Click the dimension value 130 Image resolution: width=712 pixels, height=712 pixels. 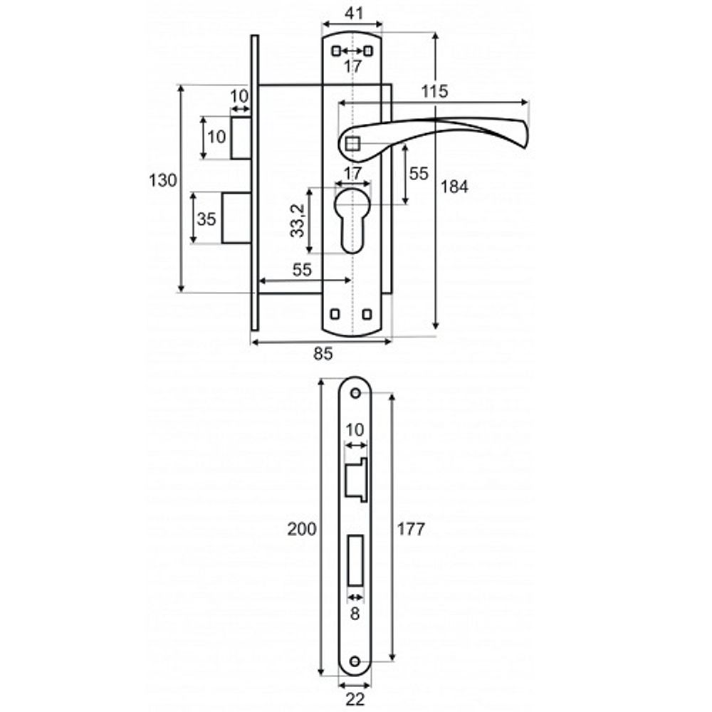pos(163,181)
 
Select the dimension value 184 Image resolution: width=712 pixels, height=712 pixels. pos(454,187)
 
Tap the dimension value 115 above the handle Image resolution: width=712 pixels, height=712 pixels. pos(434,91)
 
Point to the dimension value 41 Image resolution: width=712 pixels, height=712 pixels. pos(354,13)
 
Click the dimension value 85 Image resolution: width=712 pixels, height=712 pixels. pos(323,353)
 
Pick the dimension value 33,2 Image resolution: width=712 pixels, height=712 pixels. pos(298,221)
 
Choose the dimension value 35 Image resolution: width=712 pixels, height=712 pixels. pos(206,219)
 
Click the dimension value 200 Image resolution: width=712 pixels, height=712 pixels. pos(301,529)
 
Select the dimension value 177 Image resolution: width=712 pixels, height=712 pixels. pos(411,529)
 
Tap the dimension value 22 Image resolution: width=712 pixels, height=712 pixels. pos(355,699)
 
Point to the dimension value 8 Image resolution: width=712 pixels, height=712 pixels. pos(355,614)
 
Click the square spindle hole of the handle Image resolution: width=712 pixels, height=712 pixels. pos(352,144)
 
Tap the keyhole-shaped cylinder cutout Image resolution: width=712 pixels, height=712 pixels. pos(353,221)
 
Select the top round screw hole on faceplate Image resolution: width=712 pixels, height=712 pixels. pos(355,393)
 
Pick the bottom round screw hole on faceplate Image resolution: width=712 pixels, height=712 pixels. pos(355,661)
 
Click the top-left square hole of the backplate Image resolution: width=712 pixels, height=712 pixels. pos(336,51)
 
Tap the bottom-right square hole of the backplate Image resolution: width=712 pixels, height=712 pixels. pos(367,314)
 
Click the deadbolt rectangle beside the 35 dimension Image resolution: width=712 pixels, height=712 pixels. pos(236,218)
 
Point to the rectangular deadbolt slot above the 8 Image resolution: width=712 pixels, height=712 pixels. pos(355,560)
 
